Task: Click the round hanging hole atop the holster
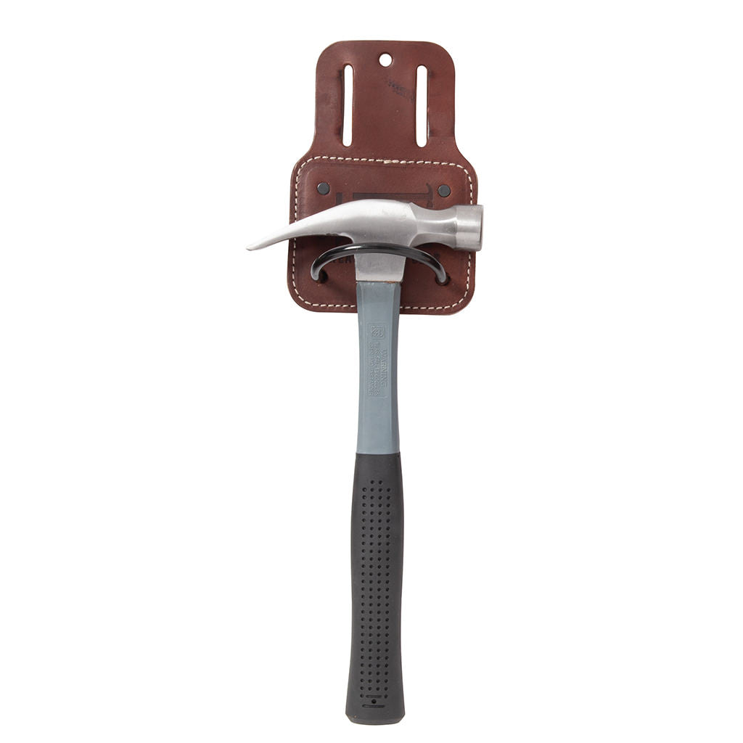coord(385,59)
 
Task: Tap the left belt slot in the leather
coord(348,105)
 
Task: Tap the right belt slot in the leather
coord(422,105)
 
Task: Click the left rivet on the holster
coord(324,189)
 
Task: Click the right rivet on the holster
coord(444,190)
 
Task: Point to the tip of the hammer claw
coord(250,247)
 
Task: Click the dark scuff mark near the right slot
coord(399,89)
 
